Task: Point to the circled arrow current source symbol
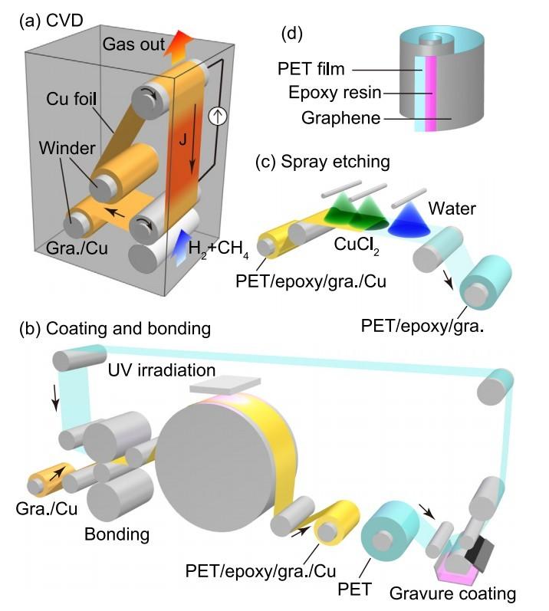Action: (218, 117)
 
